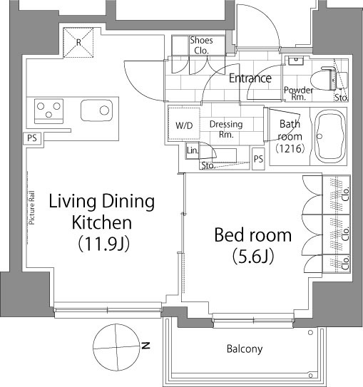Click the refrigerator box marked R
tap(78, 43)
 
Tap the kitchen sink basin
tap(96, 110)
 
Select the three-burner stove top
tap(48, 111)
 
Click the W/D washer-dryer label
tap(184, 125)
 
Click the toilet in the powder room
tap(329, 78)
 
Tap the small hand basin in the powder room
tap(296, 60)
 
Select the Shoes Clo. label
tap(201, 46)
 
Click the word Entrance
tap(250, 78)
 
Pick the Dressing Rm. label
tap(226, 129)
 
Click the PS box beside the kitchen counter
tap(32, 138)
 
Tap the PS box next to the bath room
tap(258, 159)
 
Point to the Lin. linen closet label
tap(193, 150)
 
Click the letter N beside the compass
tap(145, 346)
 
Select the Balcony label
tap(245, 349)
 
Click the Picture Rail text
tap(32, 208)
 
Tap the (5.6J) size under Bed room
tap(253, 257)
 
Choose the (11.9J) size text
tap(103, 244)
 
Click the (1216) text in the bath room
tap(290, 148)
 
